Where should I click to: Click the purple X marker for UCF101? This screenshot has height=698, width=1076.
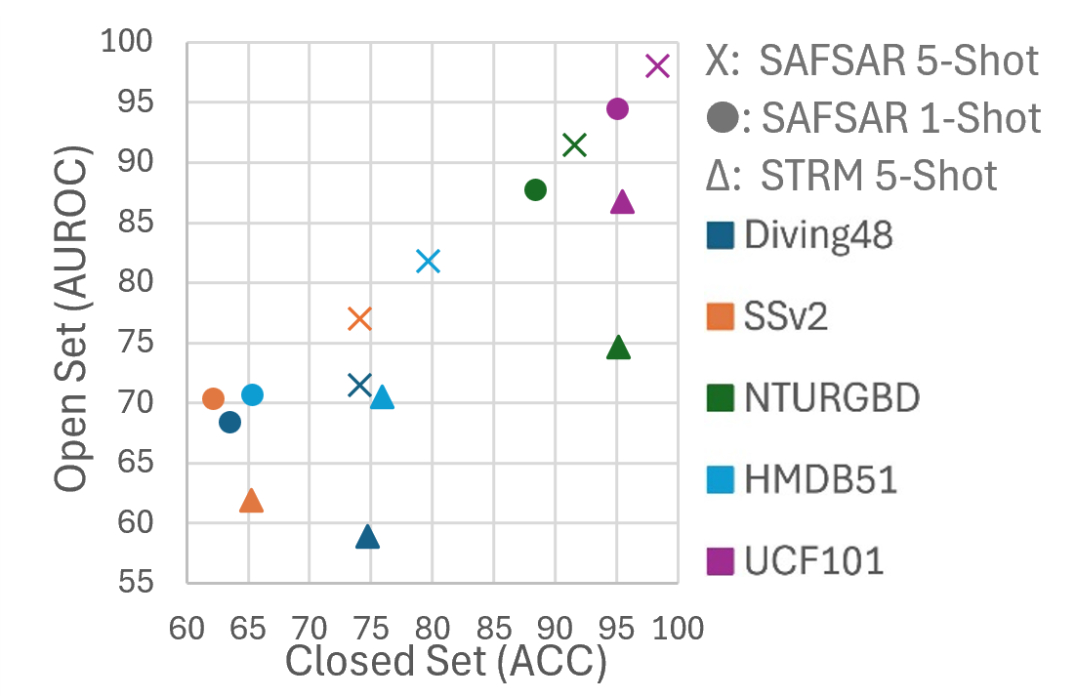click(x=657, y=66)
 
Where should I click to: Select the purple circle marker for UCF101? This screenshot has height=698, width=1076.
click(x=617, y=108)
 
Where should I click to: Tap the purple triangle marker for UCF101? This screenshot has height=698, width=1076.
click(x=622, y=202)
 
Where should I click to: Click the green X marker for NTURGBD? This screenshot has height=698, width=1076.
click(x=574, y=145)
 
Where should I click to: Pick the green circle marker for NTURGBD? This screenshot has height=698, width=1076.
click(x=535, y=189)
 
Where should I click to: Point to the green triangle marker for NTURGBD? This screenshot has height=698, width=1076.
click(x=618, y=348)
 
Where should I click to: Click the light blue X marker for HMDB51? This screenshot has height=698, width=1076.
click(x=428, y=262)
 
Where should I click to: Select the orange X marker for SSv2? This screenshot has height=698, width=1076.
click(x=359, y=319)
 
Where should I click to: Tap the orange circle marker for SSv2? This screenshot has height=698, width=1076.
click(x=213, y=398)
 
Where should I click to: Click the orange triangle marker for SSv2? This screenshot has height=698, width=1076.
click(x=251, y=501)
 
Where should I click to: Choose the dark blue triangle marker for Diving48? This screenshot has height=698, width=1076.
click(x=367, y=537)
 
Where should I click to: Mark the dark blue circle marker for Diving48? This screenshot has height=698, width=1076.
click(x=229, y=422)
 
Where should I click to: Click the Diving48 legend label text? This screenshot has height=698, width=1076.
click(x=818, y=235)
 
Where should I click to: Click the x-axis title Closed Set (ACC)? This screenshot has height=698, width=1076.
click(x=445, y=663)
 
